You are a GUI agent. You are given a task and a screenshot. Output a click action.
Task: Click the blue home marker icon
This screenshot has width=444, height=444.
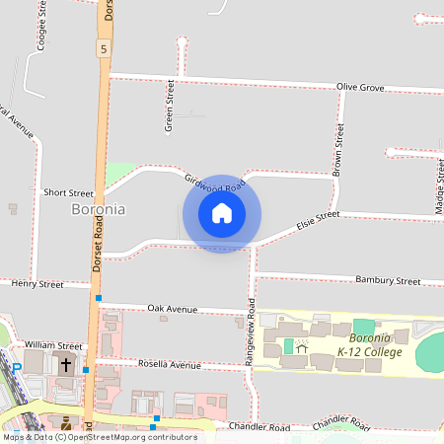tap(222, 212)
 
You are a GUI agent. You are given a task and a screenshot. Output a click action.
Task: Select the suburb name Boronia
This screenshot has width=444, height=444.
tap(99, 209)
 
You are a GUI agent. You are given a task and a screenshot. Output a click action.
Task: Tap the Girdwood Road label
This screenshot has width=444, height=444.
tap(214, 183)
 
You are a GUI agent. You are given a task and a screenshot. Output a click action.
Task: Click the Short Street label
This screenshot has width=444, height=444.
tap(68, 193)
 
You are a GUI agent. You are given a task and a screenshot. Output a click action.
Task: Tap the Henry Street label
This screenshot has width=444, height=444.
tap(37, 284)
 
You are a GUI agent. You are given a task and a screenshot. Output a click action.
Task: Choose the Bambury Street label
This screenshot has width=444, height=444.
tap(388, 281)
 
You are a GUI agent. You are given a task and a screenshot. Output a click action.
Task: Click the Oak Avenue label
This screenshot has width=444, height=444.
tap(173, 309)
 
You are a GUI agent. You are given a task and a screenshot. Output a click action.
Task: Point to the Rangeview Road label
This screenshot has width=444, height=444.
tap(252, 327)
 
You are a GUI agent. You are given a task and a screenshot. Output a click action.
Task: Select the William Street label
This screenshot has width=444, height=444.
tap(53, 346)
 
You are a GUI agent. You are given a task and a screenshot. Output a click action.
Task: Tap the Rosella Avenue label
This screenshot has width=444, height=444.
tap(172, 365)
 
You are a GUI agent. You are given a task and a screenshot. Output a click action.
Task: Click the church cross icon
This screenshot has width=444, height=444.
tap(66, 364)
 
